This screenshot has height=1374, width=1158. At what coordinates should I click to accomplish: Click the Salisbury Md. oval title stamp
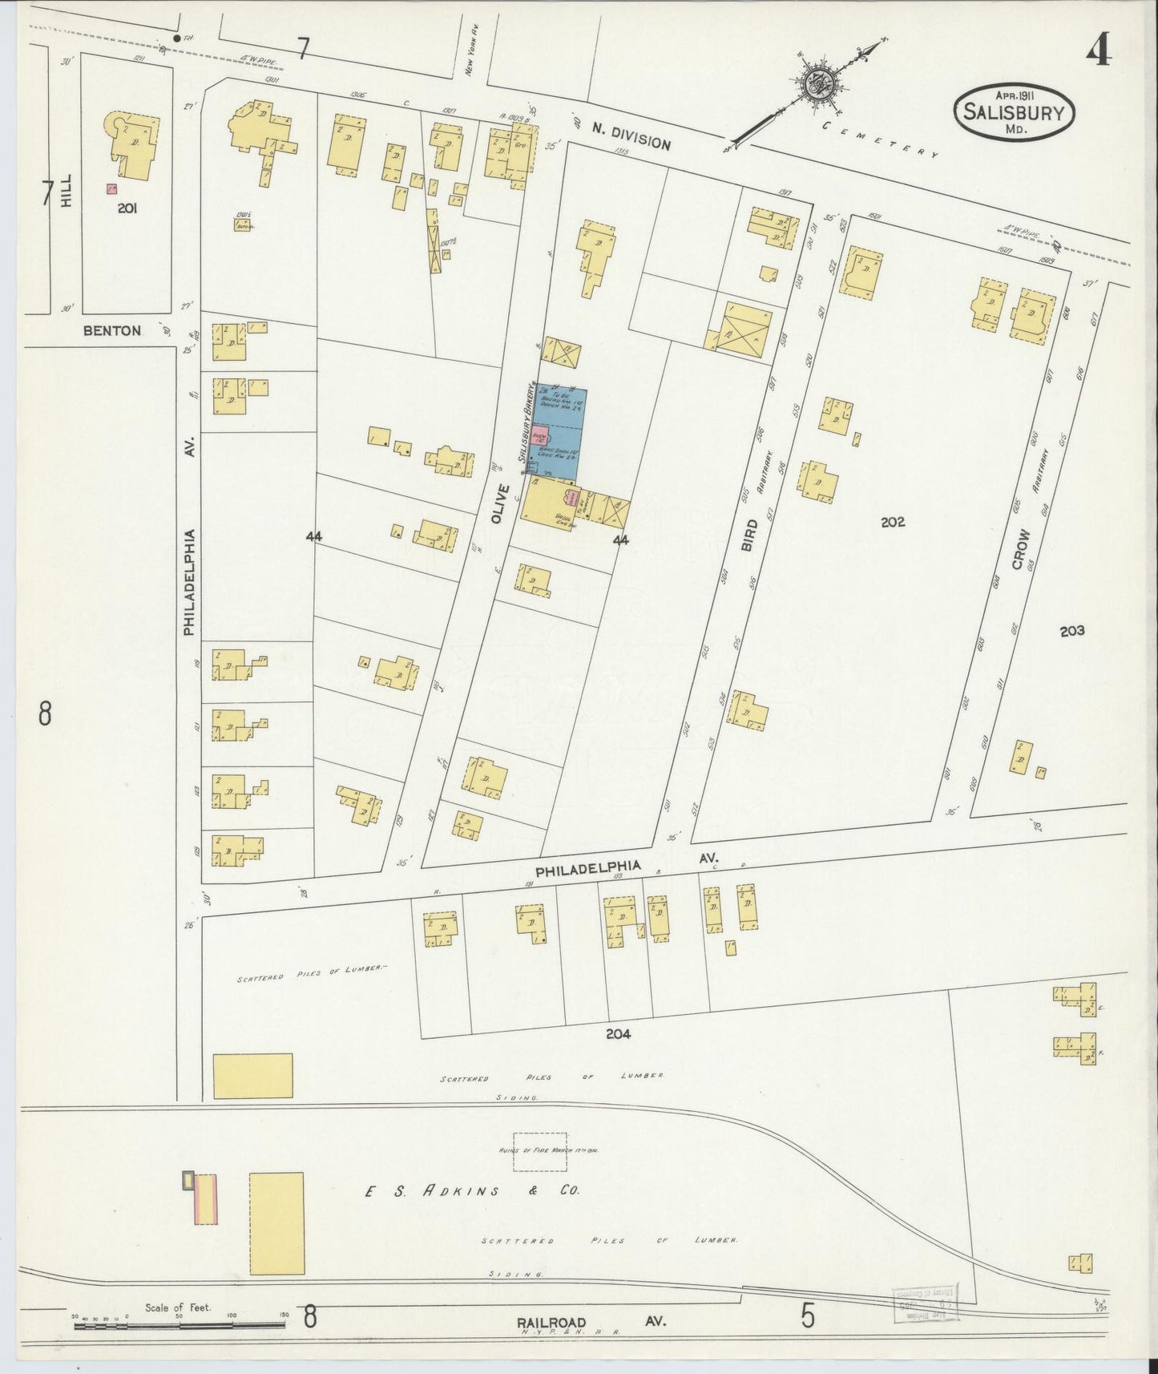pyautogui.click(x=1014, y=112)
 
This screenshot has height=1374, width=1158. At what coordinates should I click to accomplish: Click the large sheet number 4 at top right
pyautogui.click(x=1098, y=52)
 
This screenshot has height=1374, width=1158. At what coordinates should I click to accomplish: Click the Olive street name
pyautogui.click(x=500, y=504)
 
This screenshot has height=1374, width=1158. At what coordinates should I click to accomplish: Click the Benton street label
pyautogui.click(x=111, y=330)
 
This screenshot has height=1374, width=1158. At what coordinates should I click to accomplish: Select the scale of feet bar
pyautogui.click(x=179, y=1325)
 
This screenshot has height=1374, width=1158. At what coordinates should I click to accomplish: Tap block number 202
pyautogui.click(x=892, y=522)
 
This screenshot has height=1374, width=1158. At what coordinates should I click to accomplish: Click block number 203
pyautogui.click(x=1071, y=631)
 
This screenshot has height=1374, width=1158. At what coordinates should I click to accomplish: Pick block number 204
pyautogui.click(x=618, y=1034)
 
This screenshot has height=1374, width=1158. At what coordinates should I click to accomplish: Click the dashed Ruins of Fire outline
pyautogui.click(x=539, y=1152)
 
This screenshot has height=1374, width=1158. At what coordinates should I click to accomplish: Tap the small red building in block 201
pyautogui.click(x=111, y=189)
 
